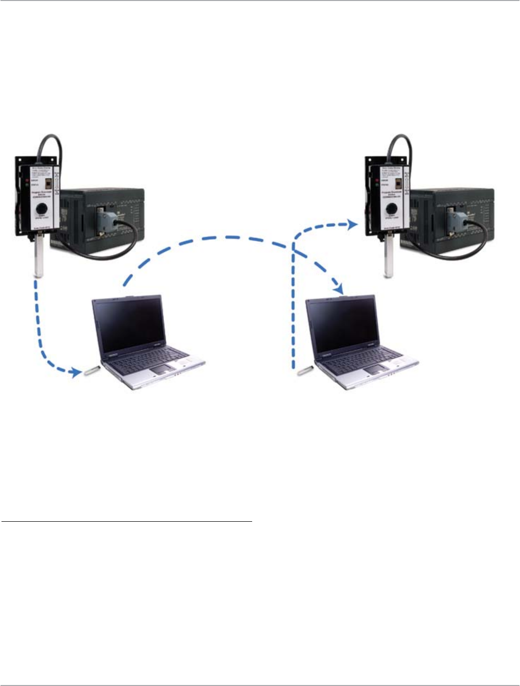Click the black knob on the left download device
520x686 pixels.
[40, 205]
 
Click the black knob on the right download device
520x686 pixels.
[391, 205]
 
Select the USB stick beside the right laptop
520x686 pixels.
[306, 371]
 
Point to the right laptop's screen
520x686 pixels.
[342, 324]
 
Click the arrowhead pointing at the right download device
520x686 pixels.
[351, 225]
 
